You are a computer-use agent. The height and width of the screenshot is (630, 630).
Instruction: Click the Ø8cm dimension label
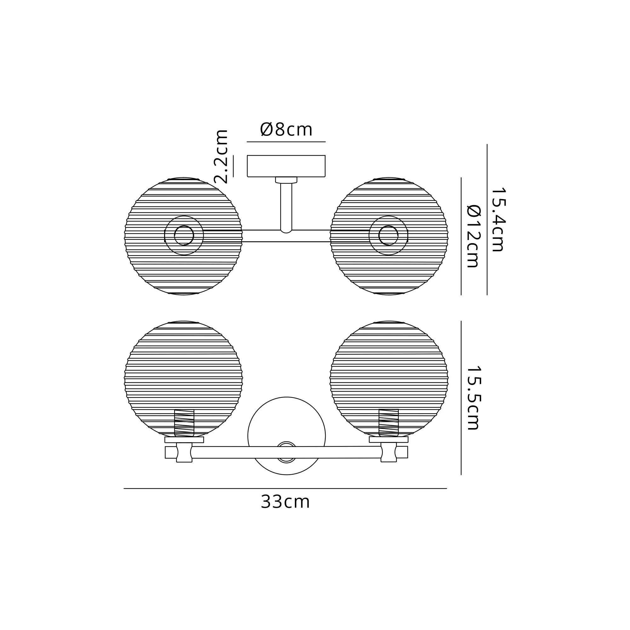click(286, 129)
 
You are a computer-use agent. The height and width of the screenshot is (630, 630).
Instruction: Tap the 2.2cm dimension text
click(221, 157)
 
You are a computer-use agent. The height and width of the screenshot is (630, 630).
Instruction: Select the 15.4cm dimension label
click(498, 220)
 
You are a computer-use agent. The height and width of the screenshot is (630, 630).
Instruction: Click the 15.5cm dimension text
click(473, 398)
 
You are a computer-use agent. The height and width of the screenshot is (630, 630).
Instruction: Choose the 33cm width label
click(285, 502)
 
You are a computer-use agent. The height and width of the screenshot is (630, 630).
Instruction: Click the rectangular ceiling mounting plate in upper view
click(286, 166)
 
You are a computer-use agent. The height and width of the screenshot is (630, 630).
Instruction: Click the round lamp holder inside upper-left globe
click(184, 235)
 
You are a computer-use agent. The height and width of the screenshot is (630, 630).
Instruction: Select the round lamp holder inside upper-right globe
click(388, 235)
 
